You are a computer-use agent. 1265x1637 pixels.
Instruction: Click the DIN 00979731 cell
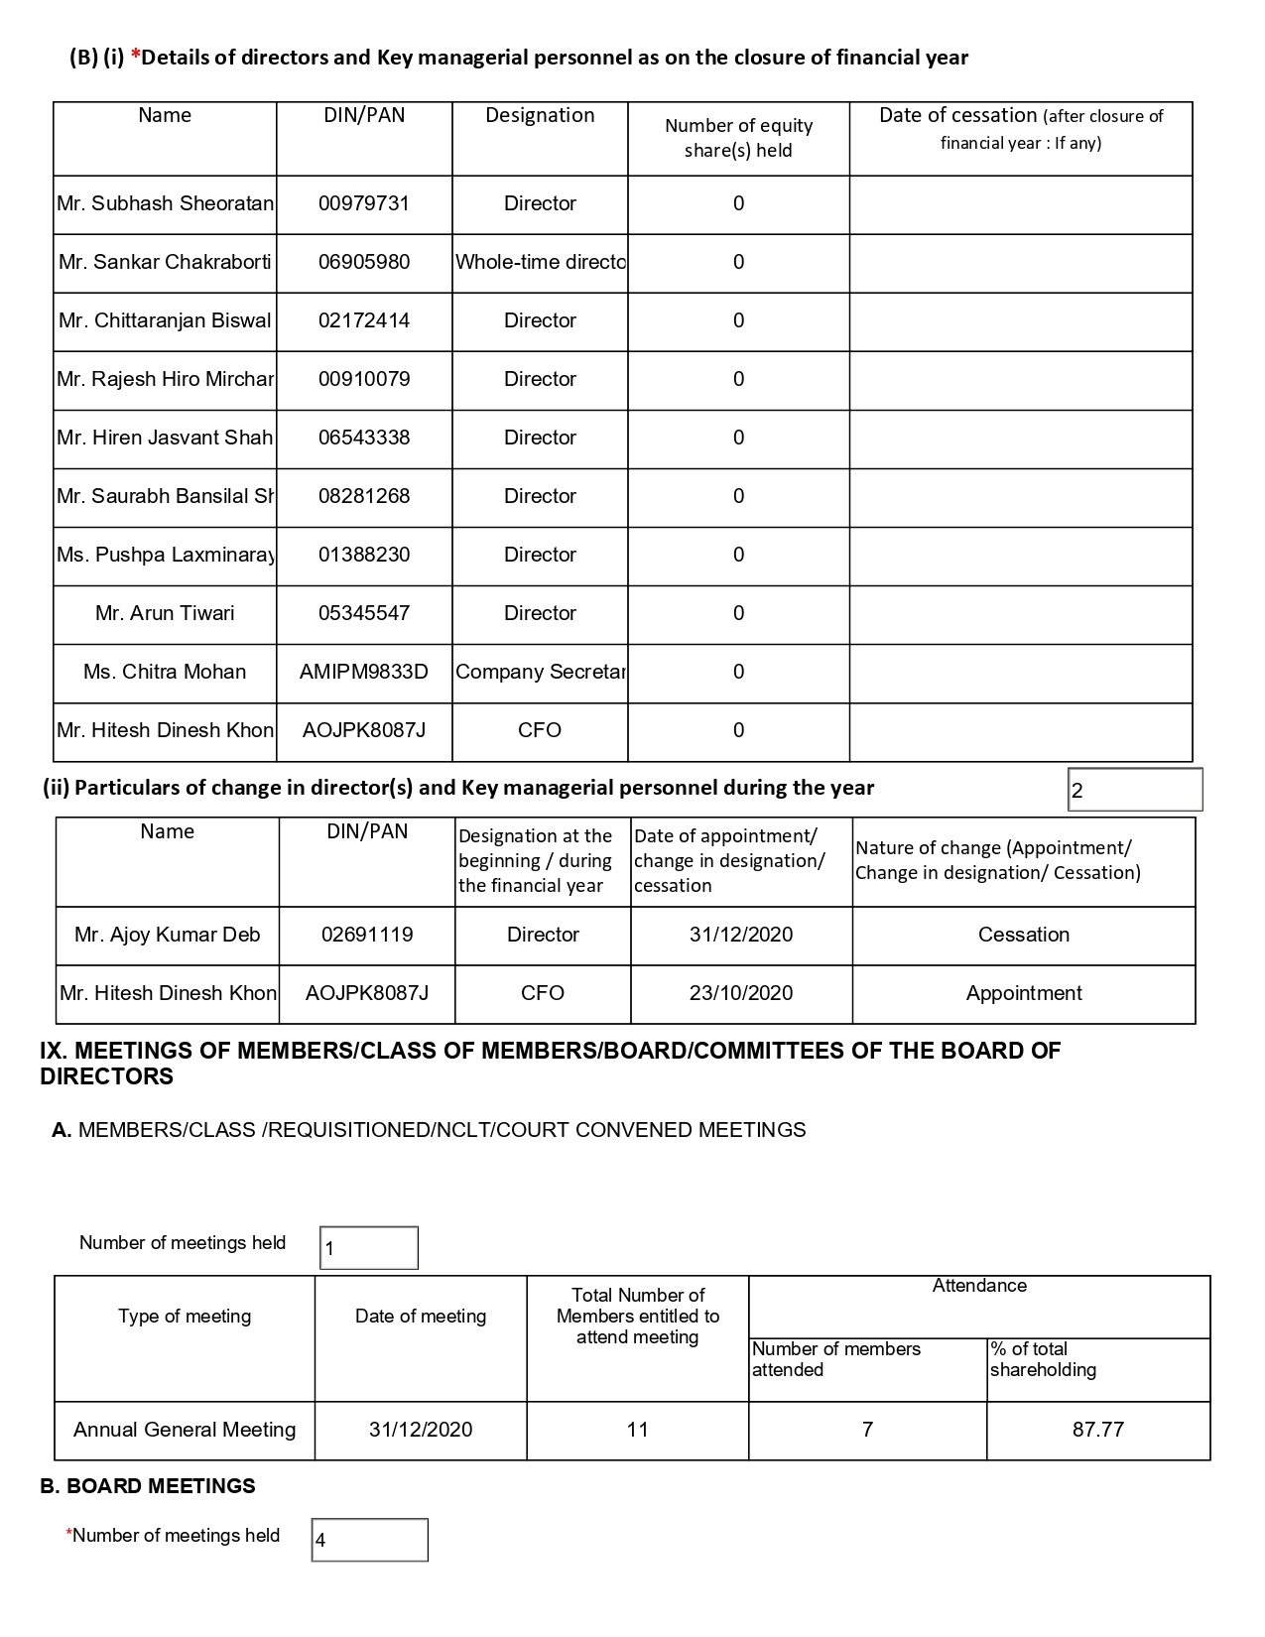363,204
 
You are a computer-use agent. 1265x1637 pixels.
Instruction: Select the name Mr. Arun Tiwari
165,614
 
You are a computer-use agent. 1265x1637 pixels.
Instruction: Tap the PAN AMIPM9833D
363,673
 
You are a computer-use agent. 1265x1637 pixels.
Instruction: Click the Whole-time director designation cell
540,263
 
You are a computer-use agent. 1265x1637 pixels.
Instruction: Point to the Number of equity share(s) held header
738,138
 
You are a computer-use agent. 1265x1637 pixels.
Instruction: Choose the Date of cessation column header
1020,129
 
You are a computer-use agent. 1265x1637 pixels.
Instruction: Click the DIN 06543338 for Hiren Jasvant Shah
363,439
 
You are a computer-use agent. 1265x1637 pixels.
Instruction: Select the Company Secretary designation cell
540,673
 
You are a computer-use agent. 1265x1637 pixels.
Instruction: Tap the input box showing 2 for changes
1134,791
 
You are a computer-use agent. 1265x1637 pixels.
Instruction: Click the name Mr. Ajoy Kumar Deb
167,936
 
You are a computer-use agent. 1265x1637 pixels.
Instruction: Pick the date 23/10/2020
741,994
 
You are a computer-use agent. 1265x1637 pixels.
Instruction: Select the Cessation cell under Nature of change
1023,936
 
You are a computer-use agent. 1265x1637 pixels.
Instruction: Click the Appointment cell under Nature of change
1023,994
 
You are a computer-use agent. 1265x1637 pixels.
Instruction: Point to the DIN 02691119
367,936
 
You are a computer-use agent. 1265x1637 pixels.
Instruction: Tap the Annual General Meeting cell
185,1431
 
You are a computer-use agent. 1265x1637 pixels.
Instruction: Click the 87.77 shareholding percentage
1097,1431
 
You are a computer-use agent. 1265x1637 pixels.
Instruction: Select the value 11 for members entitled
637,1431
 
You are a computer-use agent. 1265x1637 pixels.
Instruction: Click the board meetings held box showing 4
369,1541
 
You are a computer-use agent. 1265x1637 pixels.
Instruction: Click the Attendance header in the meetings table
978,1287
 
